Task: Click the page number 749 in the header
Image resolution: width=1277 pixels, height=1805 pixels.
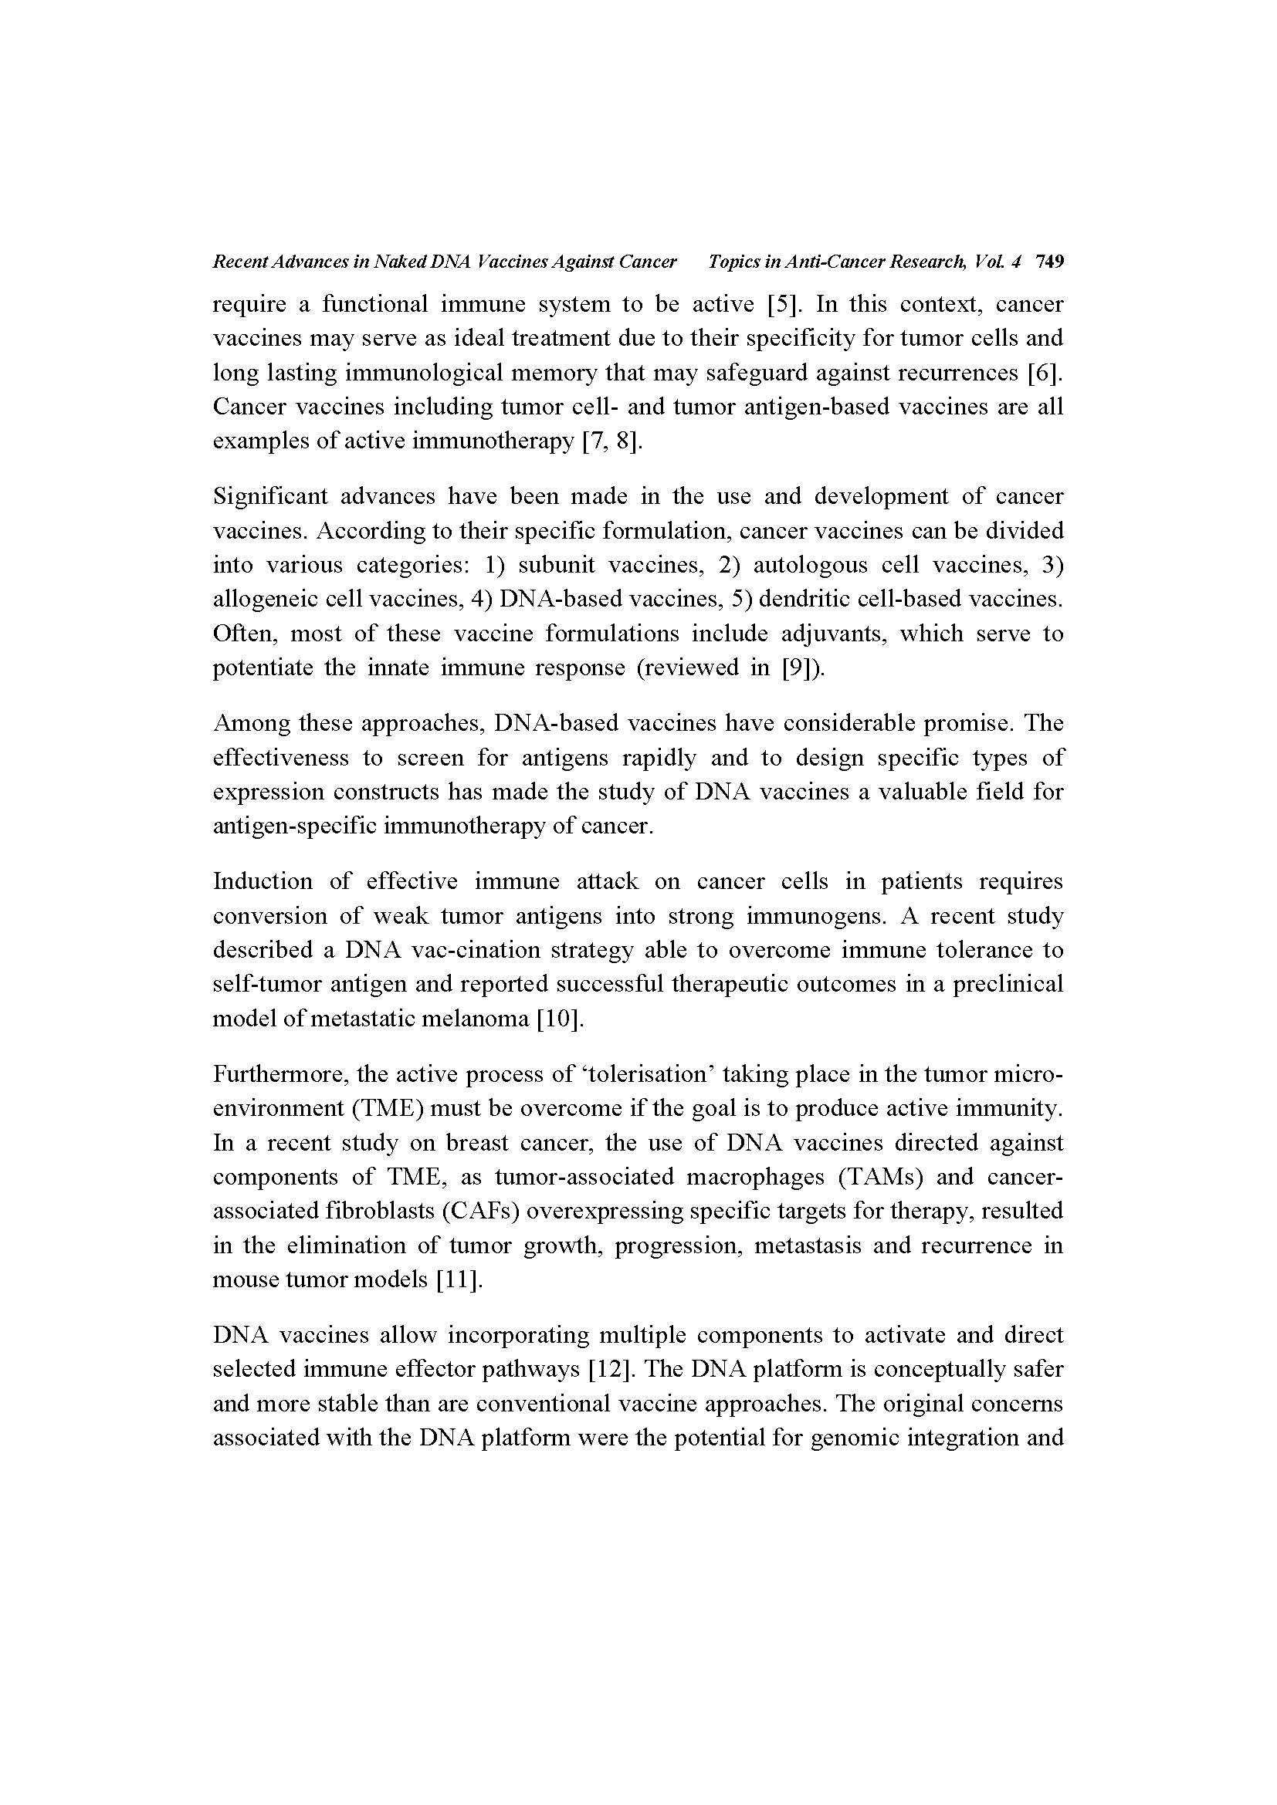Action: point(1050,262)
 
